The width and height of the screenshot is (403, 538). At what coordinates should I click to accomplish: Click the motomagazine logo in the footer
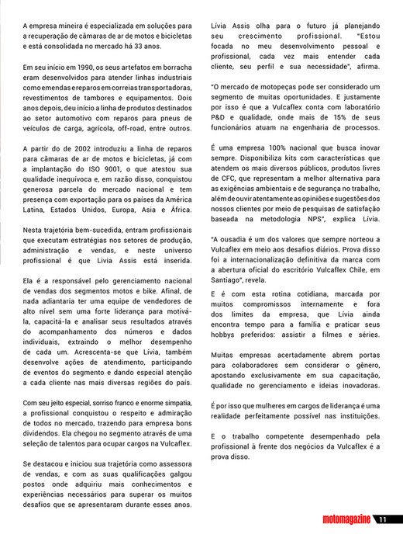click(340, 520)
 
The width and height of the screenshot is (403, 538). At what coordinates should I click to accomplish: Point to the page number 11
click(387, 520)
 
